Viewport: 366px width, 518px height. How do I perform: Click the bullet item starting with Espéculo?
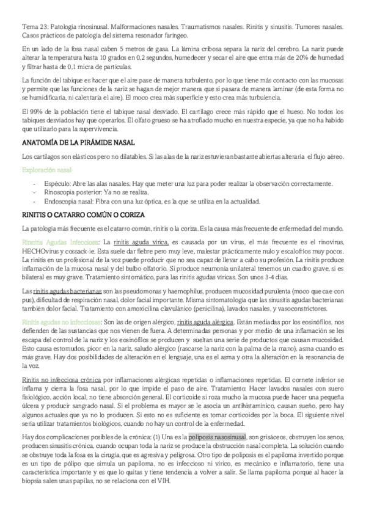(183, 184)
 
